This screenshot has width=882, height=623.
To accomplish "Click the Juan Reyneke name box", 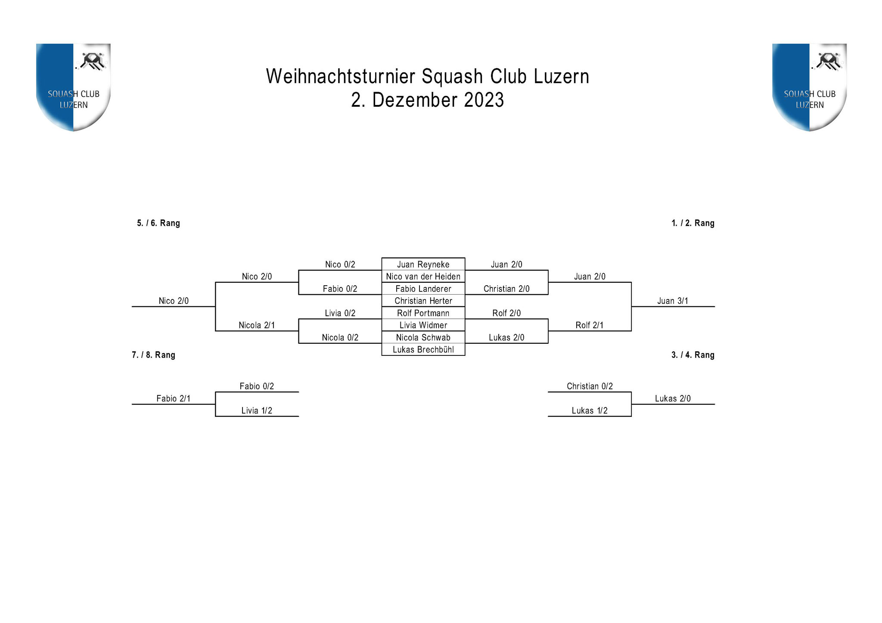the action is tap(423, 264).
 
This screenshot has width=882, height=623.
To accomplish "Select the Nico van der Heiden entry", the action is tap(423, 276).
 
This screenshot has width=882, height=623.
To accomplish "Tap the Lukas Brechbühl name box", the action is tap(423, 349).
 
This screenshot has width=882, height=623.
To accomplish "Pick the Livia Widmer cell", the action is tap(423, 325).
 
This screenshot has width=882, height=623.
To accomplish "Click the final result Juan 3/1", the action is tap(673, 301).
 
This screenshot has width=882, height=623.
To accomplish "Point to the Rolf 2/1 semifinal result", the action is tap(590, 325).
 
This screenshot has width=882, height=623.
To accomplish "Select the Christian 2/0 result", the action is tap(506, 289).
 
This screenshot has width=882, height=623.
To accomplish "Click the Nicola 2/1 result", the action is tap(257, 325).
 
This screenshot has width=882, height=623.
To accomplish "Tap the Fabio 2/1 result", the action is tap(173, 398).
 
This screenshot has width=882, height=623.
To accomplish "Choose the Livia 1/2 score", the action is tap(257, 410).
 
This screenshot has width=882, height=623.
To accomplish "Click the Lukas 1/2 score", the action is tap(590, 410).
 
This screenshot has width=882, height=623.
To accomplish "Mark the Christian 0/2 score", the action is tap(590, 386).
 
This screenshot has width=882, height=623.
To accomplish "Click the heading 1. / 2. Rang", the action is tap(693, 223).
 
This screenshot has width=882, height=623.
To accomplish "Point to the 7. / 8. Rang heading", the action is tap(153, 355).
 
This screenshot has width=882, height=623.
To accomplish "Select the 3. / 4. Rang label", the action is tap(693, 355).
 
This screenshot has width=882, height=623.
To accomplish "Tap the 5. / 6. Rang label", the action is tap(158, 223).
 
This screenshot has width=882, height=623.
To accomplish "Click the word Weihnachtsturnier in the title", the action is tap(340, 76).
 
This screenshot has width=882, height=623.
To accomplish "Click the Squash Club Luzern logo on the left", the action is tap(73, 87).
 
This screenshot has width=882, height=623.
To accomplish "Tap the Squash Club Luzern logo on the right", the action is tap(809, 87).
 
